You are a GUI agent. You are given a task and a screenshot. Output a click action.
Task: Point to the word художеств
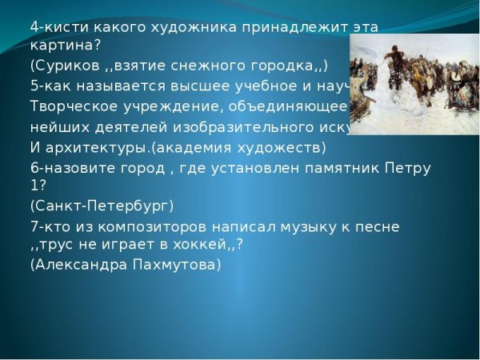[x=286, y=147]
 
